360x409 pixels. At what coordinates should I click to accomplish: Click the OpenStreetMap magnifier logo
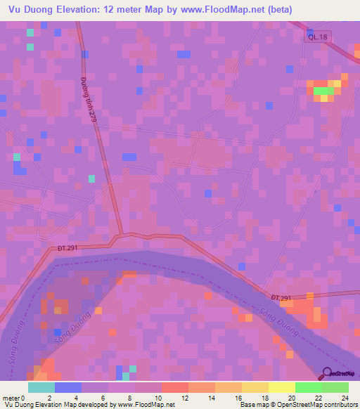[x=327, y=373]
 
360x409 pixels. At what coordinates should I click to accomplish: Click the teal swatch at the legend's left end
[x=41, y=387]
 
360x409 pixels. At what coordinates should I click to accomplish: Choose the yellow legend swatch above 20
[x=281, y=387]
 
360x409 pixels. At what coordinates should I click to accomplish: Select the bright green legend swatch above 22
[x=308, y=387]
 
